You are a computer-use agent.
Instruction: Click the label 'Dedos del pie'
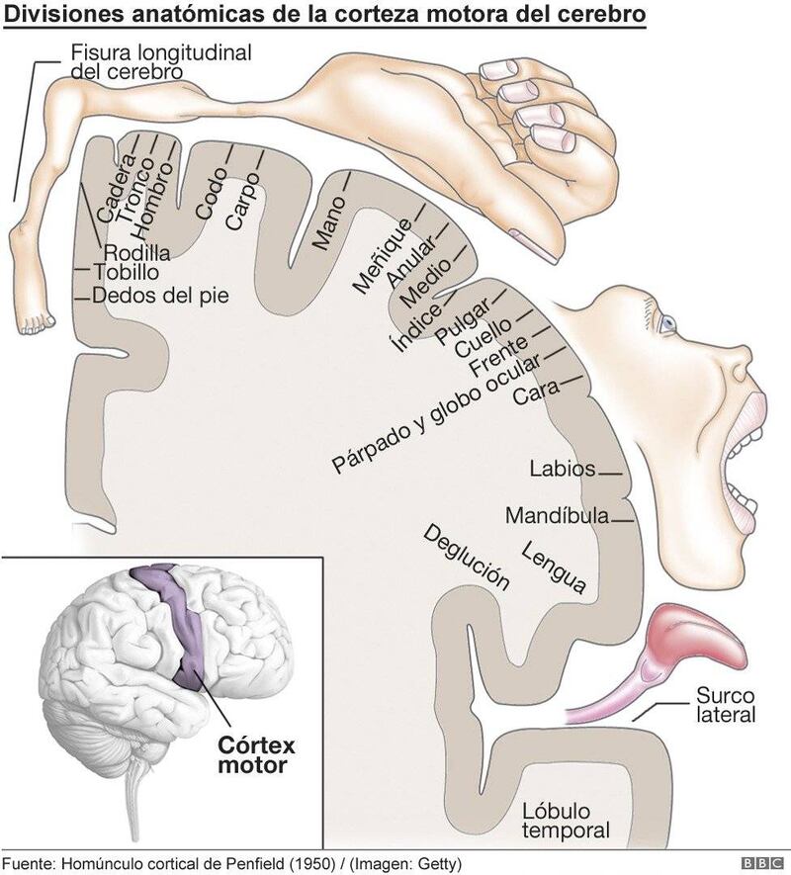(x=160, y=295)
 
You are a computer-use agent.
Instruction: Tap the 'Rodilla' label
(x=136, y=251)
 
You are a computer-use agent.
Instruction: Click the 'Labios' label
(x=562, y=468)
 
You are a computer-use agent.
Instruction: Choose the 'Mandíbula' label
(x=557, y=515)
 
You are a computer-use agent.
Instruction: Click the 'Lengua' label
(x=555, y=568)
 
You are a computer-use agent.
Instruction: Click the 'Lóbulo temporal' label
(x=566, y=821)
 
